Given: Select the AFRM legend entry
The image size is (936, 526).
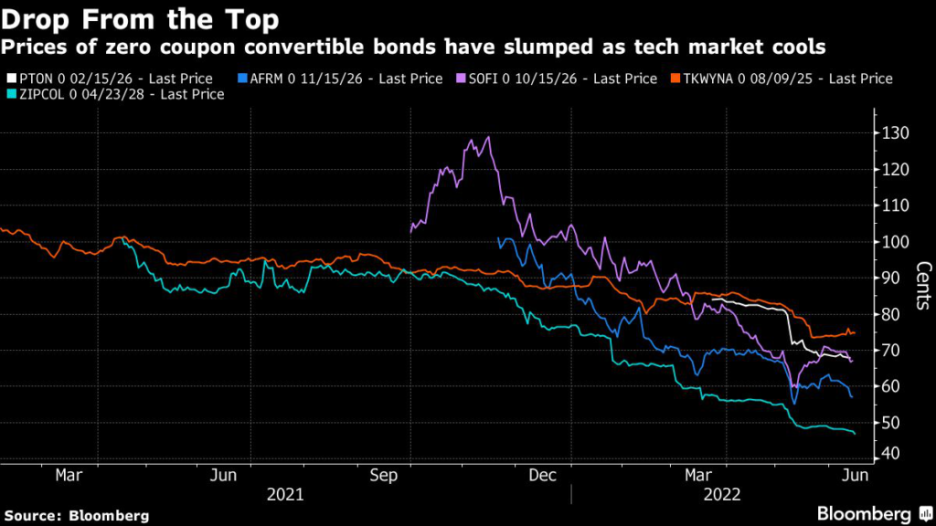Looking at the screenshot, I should point(338,79).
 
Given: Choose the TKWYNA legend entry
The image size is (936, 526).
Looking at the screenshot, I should point(785,79).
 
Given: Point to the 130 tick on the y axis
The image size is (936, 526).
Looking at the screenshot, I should point(896,133).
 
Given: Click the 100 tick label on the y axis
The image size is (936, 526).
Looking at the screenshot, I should point(896,242).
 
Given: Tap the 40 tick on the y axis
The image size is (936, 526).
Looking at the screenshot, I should point(892,454).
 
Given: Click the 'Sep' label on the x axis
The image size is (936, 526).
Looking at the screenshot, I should point(384,475).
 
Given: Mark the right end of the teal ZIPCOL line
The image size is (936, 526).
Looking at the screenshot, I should point(856,433).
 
